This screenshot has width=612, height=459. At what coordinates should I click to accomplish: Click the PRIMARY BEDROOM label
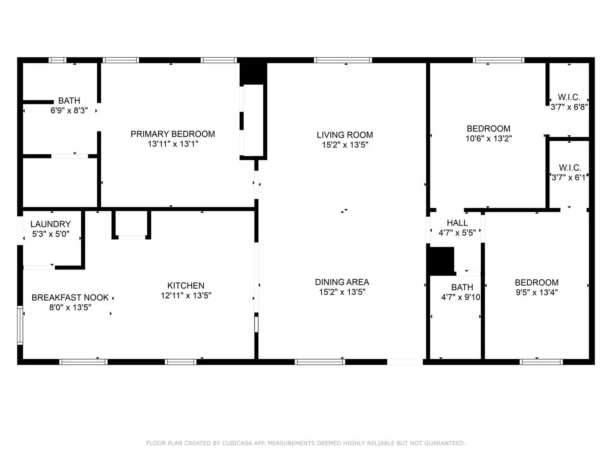tap(173, 134)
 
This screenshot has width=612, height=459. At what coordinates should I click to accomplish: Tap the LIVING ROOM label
tap(345, 135)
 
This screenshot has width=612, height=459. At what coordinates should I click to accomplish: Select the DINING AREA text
tap(342, 282)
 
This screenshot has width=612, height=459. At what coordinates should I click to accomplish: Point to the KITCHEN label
tap(186, 285)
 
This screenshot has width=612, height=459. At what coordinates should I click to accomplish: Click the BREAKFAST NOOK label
tap(70, 297)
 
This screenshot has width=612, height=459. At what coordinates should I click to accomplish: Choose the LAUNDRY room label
tap(51, 224)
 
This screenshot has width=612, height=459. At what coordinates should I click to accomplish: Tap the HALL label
tap(457, 223)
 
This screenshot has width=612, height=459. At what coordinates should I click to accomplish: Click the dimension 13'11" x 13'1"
tap(173, 144)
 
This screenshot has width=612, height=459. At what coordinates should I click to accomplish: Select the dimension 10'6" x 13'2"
tap(488, 138)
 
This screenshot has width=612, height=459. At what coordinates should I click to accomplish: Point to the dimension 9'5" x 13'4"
tap(536, 292)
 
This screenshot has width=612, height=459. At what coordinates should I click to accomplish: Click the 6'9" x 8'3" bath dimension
tap(69, 110)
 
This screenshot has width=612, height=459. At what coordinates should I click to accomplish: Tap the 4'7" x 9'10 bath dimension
tap(461, 297)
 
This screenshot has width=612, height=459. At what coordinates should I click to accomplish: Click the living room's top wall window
tap(343, 60)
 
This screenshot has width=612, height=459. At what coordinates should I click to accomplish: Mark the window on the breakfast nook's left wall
tap(20, 325)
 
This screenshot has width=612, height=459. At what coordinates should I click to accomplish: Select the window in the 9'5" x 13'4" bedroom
tap(541, 362)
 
